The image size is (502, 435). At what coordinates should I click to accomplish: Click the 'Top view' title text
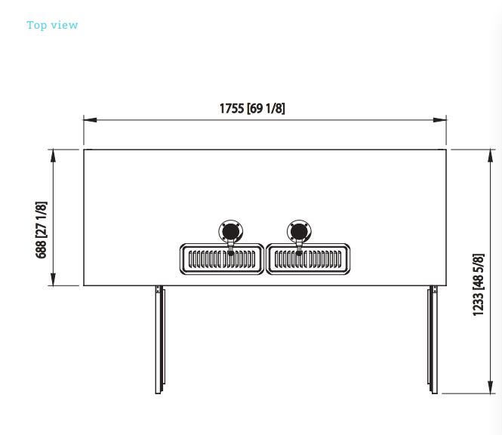tap(52, 25)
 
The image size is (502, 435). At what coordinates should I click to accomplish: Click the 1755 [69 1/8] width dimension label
tap(252, 108)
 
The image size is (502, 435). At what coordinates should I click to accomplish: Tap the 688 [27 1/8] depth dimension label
tap(41, 230)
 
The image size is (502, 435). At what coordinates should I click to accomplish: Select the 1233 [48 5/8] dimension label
tap(479, 285)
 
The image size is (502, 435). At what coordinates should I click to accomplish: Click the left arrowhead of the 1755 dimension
tap(91, 120)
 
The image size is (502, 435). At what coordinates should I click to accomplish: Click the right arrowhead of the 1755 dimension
tap(439, 120)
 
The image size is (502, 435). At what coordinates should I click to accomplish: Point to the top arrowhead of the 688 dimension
tap(53, 156)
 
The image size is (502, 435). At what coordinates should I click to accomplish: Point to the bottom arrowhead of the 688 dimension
tap(53, 279)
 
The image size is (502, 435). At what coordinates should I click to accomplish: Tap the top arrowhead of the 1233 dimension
tap(490, 156)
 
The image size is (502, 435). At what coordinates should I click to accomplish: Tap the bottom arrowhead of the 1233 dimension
tap(490, 387)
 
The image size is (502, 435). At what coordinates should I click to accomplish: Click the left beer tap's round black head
tap(231, 231)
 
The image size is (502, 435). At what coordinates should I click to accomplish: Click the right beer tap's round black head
tap(299, 231)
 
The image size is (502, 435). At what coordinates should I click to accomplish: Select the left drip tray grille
tap(222, 259)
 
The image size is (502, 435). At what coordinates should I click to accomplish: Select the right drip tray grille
tap(308, 259)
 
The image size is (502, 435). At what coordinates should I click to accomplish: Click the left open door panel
tap(160, 340)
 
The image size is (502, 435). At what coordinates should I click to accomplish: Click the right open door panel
tap(433, 340)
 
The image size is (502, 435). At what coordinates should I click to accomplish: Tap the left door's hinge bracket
tap(158, 289)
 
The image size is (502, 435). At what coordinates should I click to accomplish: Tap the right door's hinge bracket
tap(435, 289)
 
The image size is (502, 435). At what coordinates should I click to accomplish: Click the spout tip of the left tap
tap(231, 254)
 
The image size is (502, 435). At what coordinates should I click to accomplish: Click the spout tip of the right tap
tap(299, 254)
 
